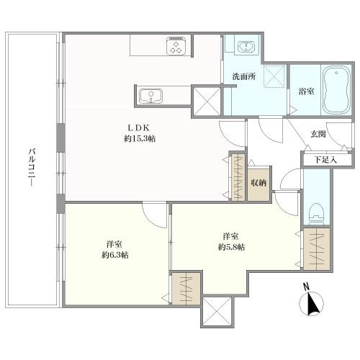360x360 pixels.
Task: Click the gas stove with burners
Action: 176,48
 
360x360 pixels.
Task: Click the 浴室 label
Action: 305,91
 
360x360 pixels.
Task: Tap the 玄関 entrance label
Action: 319,135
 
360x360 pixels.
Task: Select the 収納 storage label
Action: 258,182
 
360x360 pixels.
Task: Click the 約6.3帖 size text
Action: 114,255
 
